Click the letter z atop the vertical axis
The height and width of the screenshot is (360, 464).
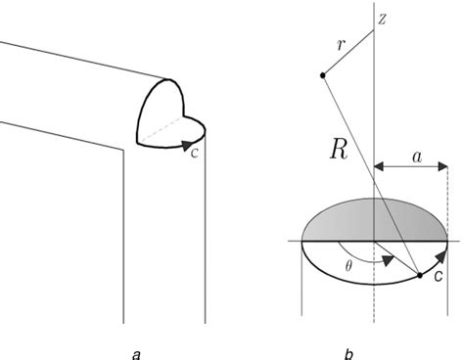[384, 21]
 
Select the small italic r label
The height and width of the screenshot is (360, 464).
[340, 45]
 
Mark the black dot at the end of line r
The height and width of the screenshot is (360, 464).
[322, 75]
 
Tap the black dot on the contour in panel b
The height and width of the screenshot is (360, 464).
[420, 277]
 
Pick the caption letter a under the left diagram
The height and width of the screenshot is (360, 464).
[134, 353]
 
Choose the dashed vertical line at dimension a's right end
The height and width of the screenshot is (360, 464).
[447, 196]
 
